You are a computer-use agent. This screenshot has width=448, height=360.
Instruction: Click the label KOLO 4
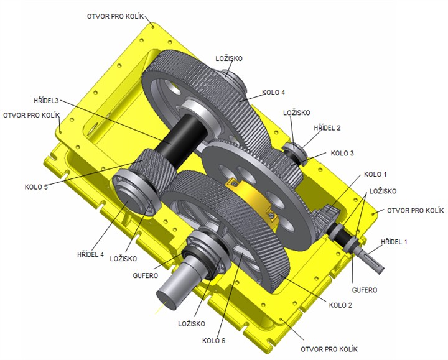coord(273,93)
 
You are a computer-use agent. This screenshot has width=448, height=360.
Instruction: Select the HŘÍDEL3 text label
coord(46,101)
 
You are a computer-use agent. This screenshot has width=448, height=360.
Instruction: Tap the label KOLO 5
coord(36,187)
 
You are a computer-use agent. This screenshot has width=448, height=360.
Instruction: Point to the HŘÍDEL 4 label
coord(91,254)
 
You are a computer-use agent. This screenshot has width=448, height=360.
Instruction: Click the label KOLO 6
coord(213,341)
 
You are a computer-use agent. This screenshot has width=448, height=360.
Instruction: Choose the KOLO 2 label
coord(340,305)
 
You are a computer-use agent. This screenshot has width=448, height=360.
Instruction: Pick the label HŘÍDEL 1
coord(394,242)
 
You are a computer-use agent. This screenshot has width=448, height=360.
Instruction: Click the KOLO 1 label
coord(375,175)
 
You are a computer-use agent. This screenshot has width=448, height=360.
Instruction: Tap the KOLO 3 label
coord(342,154)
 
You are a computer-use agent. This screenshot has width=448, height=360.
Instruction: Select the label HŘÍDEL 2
coord(327,128)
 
